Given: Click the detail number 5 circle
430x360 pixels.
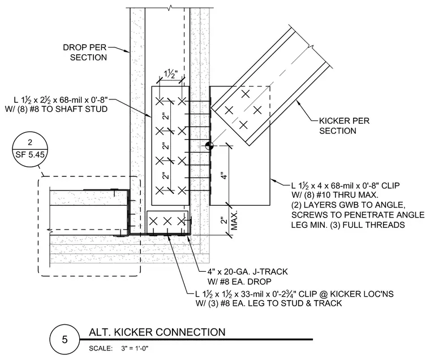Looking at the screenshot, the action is coord(64,340).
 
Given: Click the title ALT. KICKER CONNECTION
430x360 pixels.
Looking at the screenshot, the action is coord(157,332).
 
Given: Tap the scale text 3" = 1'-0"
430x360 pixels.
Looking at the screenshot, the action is coord(135,349).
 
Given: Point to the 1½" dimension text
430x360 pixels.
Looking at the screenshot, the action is coord(171,74).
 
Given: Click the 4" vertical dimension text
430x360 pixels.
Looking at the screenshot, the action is coord(224,175).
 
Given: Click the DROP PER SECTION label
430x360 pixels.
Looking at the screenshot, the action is coord(85,53).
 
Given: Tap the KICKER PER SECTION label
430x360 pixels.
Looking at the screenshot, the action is coord(344,126).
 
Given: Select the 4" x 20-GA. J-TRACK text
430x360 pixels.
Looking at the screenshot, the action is coord(247,272).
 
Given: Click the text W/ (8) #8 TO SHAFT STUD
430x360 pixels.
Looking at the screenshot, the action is coord(56,109).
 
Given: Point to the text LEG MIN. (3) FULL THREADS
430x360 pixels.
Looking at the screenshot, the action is coord(348,225).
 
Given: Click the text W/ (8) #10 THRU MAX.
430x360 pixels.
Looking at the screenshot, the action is coord(335,195).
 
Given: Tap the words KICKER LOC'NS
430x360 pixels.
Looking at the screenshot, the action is coord(362,294).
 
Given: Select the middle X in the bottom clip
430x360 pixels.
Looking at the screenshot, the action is coord(167,221).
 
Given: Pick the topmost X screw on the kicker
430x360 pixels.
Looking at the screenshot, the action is coord(246,94).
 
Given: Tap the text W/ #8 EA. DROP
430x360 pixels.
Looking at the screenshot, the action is coord(239,281).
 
